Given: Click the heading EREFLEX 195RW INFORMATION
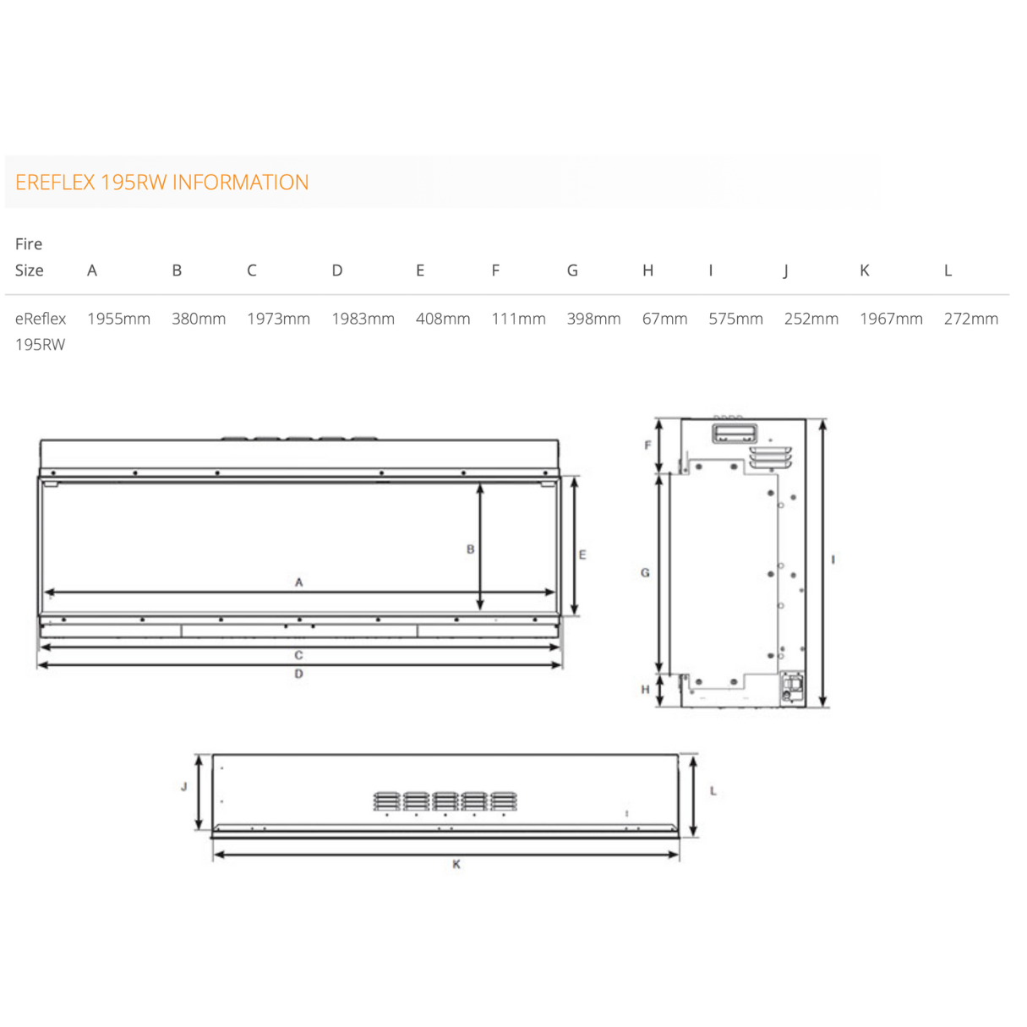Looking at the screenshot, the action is click(x=162, y=183).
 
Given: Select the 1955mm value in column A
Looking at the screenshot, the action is click(x=119, y=319).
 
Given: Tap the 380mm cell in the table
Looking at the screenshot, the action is click(x=199, y=319).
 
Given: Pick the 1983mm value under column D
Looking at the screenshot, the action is click(x=363, y=319).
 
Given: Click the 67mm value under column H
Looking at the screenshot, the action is click(x=664, y=319).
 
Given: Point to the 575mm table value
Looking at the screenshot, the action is click(x=735, y=319).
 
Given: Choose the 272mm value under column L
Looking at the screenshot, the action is click(x=971, y=319).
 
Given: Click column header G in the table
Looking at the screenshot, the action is click(x=572, y=270).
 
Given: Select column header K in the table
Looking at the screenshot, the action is click(x=865, y=270).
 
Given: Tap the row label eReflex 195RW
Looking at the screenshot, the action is click(x=41, y=331).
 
